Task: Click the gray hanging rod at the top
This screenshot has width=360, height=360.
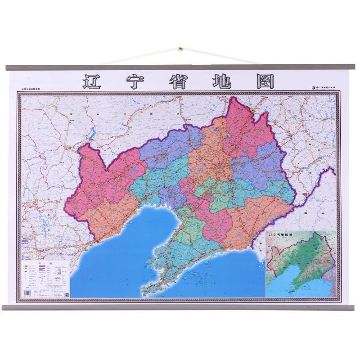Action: coord(180,67)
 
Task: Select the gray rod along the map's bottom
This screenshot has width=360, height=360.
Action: coord(180,307)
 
